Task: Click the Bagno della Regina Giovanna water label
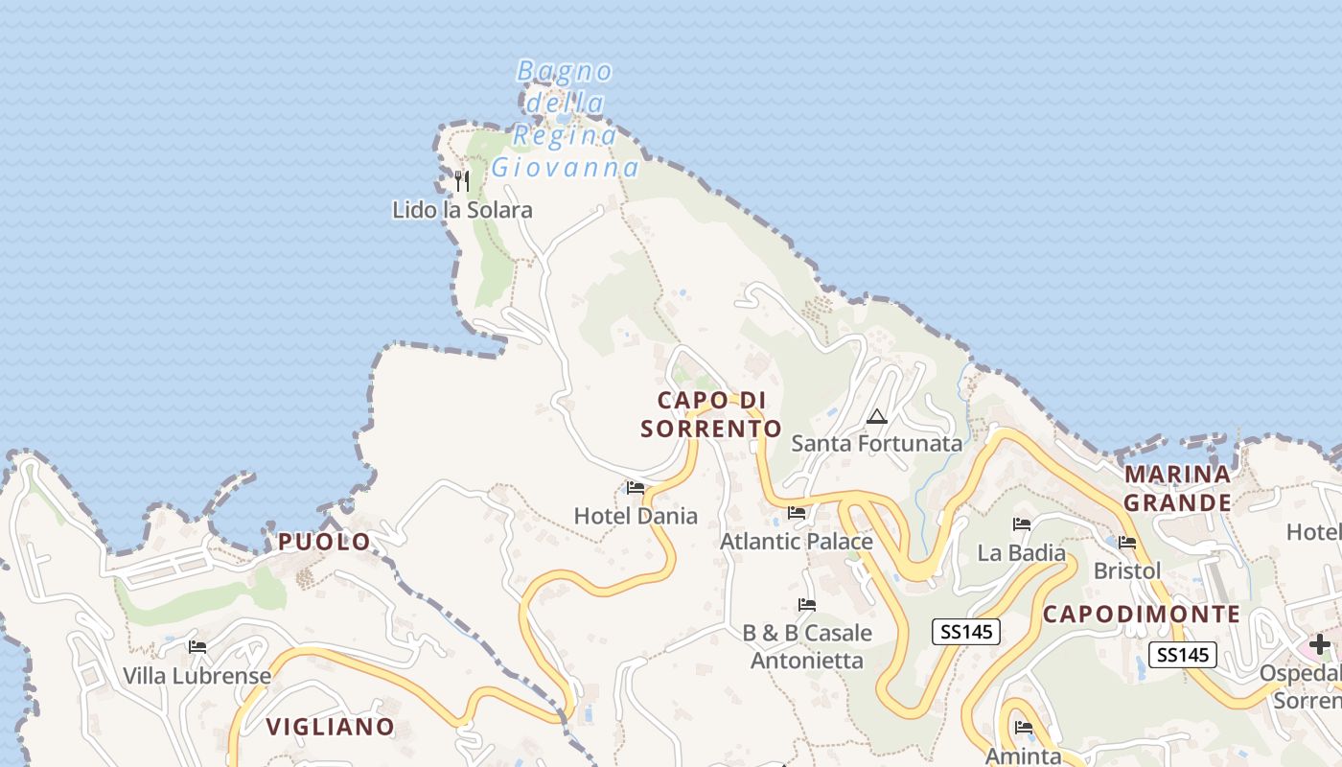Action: (565, 119)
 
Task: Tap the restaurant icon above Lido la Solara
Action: (462, 180)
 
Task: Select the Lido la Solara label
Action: (462, 210)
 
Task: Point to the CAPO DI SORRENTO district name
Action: (710, 414)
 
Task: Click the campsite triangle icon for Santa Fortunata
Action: (876, 417)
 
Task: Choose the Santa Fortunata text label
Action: (876, 443)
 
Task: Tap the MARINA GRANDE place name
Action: (1177, 488)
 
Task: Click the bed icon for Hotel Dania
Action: (636, 488)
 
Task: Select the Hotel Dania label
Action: (636, 516)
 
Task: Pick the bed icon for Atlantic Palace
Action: (797, 513)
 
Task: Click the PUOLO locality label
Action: (324, 542)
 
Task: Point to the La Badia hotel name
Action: (1021, 552)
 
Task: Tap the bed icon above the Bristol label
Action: (1127, 543)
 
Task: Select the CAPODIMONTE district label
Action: (1142, 615)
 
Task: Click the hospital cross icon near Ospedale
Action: (1320, 644)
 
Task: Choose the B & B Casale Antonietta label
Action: (807, 646)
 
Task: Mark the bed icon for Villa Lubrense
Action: (197, 647)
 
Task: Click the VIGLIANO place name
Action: (330, 727)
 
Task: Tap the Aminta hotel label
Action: (1023, 755)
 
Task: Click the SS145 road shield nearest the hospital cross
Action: (1183, 655)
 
